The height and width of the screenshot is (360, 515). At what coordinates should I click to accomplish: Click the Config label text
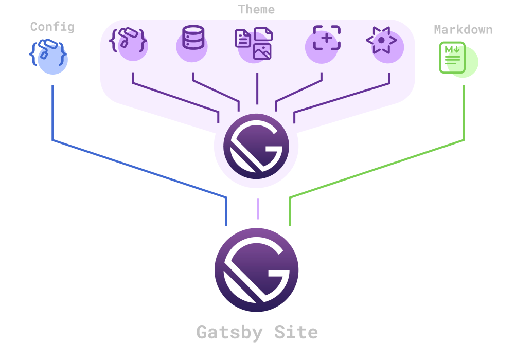click(x=52, y=27)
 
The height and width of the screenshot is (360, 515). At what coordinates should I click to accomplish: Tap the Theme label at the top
click(x=256, y=9)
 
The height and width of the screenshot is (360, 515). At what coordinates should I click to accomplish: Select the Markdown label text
click(x=463, y=30)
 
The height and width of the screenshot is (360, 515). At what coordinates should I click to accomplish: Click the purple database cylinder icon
click(x=193, y=39)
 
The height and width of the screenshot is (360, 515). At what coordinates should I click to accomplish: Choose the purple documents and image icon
click(x=254, y=43)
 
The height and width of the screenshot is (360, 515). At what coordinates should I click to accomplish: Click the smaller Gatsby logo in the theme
click(x=256, y=146)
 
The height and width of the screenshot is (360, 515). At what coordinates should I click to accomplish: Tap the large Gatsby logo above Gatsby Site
click(x=256, y=269)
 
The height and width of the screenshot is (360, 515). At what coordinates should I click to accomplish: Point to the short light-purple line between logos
click(x=258, y=208)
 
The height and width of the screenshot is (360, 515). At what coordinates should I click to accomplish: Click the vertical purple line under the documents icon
click(x=257, y=90)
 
